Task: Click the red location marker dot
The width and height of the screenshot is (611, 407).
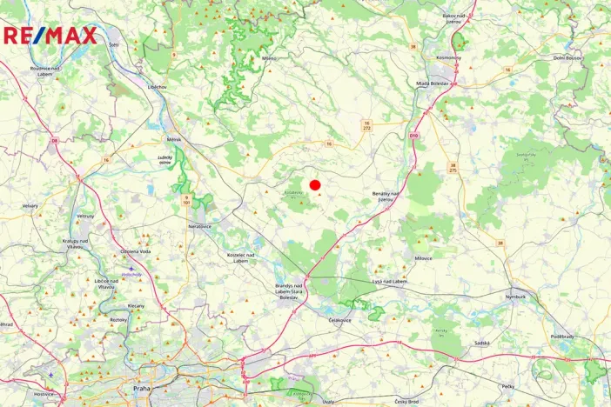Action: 315,184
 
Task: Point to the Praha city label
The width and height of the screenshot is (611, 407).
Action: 142,388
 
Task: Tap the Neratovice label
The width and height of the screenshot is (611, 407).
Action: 200,226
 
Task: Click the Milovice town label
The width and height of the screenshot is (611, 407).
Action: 424,258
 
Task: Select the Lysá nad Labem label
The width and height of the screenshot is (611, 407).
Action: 388,281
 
